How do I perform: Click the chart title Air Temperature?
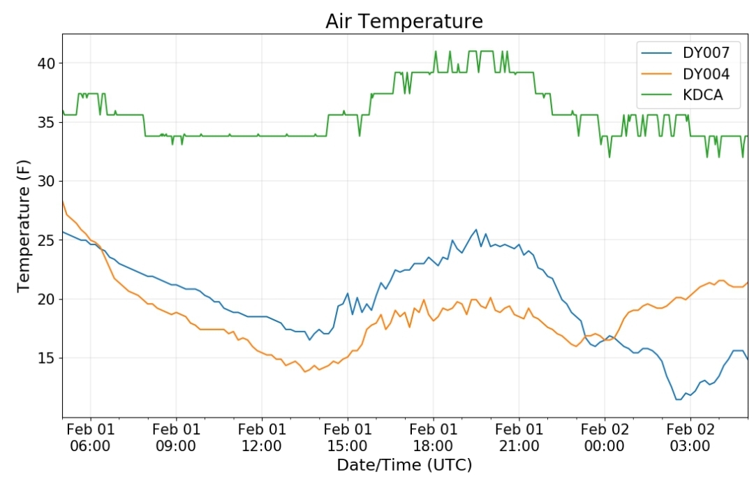(x=404, y=22)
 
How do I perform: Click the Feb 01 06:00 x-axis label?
(x=90, y=437)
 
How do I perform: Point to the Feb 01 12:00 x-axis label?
(x=262, y=437)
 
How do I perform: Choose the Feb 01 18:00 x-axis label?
(x=433, y=437)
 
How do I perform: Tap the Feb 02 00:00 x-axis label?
(x=605, y=437)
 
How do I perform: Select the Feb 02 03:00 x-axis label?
(x=690, y=437)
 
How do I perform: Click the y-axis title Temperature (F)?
(x=24, y=224)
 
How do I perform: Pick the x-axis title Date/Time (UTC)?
(x=404, y=465)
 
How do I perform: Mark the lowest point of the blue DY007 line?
(x=678, y=399)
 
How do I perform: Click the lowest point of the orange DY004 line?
(x=304, y=371)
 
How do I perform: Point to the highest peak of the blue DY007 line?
(x=476, y=229)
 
